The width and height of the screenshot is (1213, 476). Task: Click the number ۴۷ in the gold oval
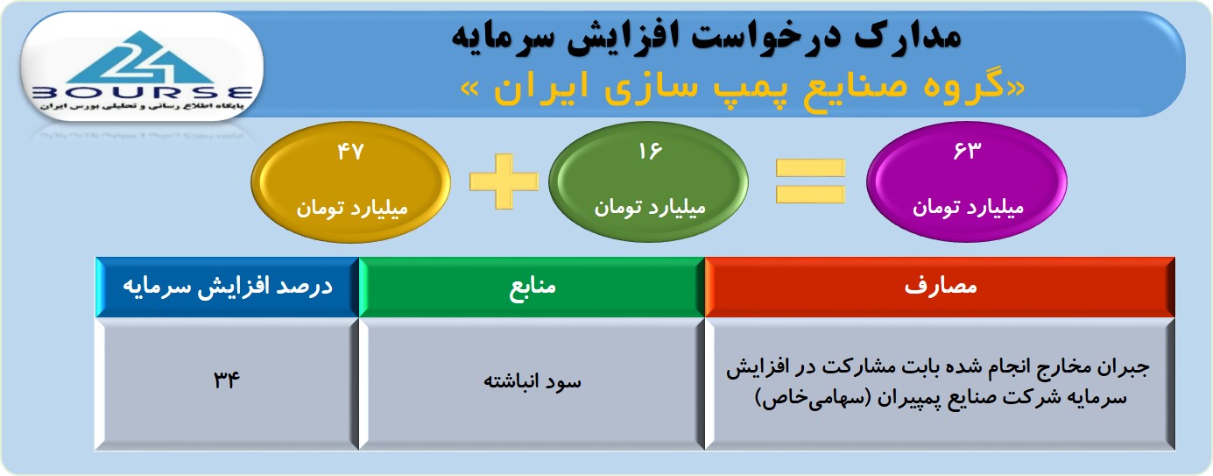coord(350,152)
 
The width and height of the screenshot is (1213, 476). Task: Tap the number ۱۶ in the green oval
coord(650,152)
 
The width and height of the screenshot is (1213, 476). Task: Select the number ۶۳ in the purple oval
coord(967,151)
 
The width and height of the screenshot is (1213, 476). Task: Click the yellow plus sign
coord(504,181)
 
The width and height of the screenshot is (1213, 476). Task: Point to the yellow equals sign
coord(810,181)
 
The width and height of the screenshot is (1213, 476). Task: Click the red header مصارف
coord(940,287)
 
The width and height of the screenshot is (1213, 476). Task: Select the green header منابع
coord(532,287)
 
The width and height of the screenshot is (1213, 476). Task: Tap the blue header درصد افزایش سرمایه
coord(227,287)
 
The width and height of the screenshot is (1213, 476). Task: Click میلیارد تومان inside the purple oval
coord(968,208)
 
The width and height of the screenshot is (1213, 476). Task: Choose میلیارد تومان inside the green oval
coord(650,208)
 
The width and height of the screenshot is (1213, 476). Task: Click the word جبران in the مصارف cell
coord(1123,368)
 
